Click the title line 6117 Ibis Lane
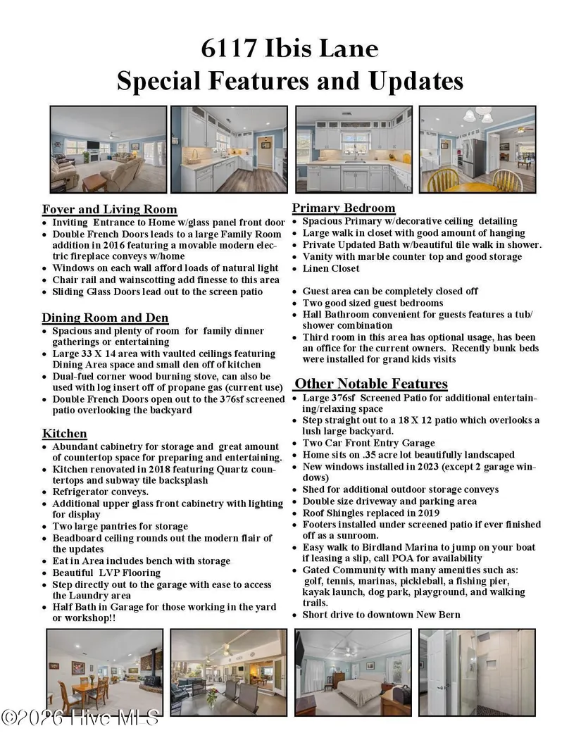(289, 49)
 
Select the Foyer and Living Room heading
(109, 209)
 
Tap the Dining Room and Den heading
(105, 318)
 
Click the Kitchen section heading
(64, 433)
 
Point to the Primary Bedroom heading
(344, 208)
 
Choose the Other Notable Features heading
(370, 384)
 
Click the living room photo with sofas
(108, 149)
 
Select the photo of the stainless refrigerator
(477, 149)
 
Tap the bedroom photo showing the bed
(353, 672)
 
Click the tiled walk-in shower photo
(476, 672)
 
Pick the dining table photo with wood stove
(104, 672)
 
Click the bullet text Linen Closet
(330, 268)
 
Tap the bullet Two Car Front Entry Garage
(368, 443)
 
